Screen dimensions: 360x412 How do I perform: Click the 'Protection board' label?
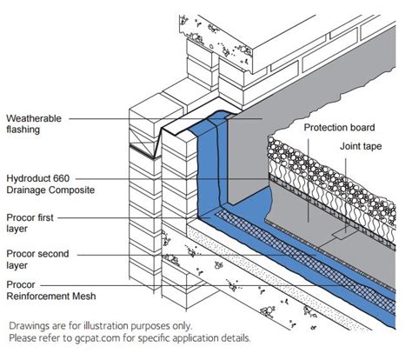pos(338,127)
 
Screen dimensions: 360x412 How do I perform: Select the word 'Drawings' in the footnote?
pos(30,325)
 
